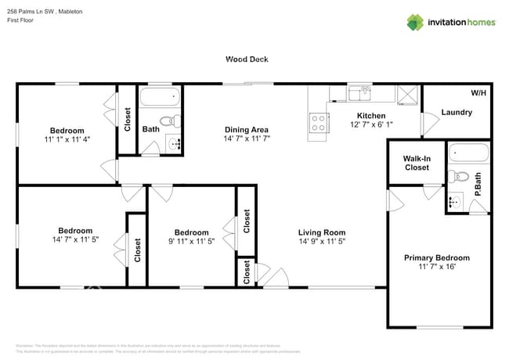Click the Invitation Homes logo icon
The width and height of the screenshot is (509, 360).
coord(415,22)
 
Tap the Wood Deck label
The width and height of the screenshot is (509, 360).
coord(247,59)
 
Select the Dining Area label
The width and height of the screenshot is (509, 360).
coord(247,129)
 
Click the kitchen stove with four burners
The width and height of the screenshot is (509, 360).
coord(319,123)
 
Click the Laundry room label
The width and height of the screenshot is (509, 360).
coord(457,112)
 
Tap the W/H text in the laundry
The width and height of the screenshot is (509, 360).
coord(478,93)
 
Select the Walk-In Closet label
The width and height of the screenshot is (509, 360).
coord(417,162)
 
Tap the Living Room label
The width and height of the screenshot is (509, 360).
coord(321,232)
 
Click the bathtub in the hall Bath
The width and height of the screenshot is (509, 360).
coord(161,99)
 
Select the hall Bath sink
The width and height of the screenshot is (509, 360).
coord(173,143)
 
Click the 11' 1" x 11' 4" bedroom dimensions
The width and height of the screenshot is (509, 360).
coord(67,141)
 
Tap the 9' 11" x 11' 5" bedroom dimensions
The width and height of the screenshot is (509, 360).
coord(191,243)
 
